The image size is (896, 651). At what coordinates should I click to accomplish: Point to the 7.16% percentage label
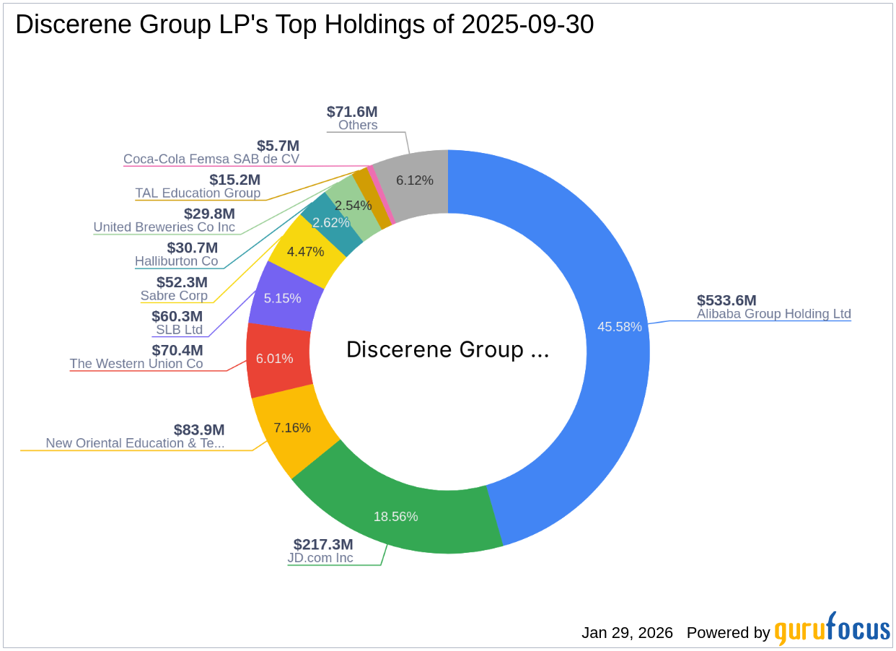(x=292, y=428)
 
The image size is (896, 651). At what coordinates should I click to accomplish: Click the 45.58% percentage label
(x=619, y=327)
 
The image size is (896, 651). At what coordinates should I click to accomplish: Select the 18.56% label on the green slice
(x=395, y=517)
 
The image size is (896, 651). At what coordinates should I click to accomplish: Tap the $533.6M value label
(x=726, y=301)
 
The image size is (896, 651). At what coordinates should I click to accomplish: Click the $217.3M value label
(x=323, y=545)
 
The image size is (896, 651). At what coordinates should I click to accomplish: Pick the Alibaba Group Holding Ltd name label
(x=774, y=314)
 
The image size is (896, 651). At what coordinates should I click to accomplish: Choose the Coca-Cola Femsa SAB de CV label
(x=211, y=159)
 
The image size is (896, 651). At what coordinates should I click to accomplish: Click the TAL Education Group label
(x=198, y=193)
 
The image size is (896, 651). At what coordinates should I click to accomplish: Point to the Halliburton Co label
(x=176, y=261)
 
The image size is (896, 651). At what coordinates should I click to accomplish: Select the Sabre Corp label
(x=174, y=296)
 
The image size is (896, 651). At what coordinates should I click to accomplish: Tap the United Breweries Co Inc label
(x=164, y=227)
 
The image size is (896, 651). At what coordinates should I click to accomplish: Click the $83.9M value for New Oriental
(x=199, y=430)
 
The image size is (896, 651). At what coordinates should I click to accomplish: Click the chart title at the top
(x=304, y=25)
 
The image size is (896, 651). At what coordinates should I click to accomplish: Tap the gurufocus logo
(x=832, y=630)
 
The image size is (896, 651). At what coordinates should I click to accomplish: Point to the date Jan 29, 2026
(x=627, y=633)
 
